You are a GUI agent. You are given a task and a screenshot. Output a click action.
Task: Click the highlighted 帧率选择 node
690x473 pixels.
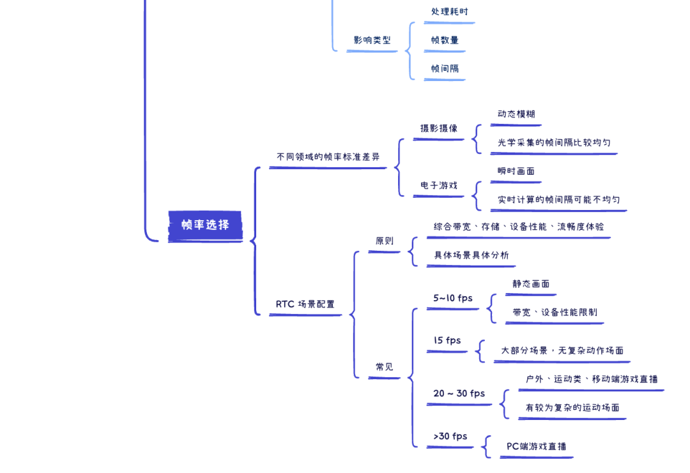tap(205, 225)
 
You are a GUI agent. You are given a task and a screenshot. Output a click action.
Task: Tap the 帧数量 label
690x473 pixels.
tap(445, 40)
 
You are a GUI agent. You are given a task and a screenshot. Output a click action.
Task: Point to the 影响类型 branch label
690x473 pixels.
tap(372, 40)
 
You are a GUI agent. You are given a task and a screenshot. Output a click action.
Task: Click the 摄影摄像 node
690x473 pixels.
tap(438, 128)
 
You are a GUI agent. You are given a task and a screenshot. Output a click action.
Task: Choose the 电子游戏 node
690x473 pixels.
tap(438, 186)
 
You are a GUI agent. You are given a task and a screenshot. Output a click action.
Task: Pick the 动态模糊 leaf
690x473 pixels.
tap(516, 114)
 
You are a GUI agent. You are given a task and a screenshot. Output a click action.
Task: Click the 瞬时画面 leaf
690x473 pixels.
tap(516, 171)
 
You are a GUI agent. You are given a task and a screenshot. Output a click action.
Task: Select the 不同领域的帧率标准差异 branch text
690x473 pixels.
tap(328, 156)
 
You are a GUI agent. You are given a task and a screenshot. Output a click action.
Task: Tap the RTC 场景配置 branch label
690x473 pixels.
tap(305, 304)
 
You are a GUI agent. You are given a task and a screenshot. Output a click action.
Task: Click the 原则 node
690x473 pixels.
tap(385, 241)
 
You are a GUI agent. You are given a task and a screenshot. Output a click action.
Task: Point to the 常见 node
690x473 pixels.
tap(385, 367)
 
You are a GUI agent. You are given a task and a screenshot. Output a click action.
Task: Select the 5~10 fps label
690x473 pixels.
tap(453, 298)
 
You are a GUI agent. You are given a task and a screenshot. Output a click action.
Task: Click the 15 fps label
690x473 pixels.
tap(447, 341)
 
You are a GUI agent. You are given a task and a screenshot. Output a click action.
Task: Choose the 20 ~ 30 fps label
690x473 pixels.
tap(459, 393)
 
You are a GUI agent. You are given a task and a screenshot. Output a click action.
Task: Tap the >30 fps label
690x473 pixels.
tap(450, 437)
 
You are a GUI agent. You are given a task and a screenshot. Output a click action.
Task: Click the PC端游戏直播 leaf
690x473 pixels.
tap(536, 447)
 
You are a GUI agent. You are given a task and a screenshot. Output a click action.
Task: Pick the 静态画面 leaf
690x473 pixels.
tap(530, 284)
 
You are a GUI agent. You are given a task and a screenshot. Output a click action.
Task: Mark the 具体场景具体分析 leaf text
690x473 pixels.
tap(471, 255)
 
